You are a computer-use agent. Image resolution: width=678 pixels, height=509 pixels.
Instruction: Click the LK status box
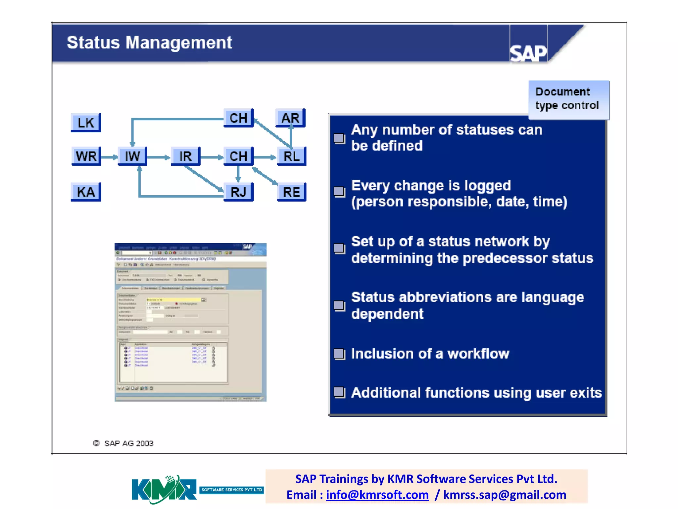pyautogui.click(x=86, y=123)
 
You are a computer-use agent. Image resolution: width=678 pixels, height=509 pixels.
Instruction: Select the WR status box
pyautogui.click(x=86, y=156)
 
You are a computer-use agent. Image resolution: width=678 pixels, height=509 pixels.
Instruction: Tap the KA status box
pyautogui.click(x=86, y=192)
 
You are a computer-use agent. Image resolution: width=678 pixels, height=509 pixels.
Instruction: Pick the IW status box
pyautogui.click(x=132, y=156)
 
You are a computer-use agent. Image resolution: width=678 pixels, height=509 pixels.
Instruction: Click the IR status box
pyautogui.click(x=185, y=156)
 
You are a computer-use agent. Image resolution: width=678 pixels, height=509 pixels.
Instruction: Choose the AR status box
pyautogui.click(x=290, y=118)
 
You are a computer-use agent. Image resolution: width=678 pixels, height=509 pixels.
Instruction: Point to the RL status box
pyautogui.click(x=291, y=156)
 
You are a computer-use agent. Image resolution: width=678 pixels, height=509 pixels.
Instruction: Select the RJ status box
pyautogui.click(x=238, y=192)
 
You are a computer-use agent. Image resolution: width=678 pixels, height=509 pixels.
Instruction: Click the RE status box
pyautogui.click(x=291, y=192)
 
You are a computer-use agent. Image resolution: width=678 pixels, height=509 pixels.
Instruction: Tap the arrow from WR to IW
pyautogui.click(x=109, y=157)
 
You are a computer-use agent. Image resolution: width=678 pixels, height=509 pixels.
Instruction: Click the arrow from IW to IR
pyautogui.click(x=159, y=157)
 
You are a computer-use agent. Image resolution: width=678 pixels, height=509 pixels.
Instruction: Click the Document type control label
pyautogui.click(x=568, y=99)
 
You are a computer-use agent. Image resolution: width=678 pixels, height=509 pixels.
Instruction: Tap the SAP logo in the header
pyautogui.click(x=528, y=53)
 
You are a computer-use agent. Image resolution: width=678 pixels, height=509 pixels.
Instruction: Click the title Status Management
pyautogui.click(x=149, y=43)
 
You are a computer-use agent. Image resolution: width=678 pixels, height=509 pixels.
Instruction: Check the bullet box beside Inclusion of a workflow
pyautogui.click(x=339, y=354)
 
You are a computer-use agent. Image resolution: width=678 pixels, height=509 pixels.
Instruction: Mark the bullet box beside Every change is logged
pyautogui.click(x=339, y=192)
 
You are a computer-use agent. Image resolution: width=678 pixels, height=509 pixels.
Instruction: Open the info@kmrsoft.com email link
pyautogui.click(x=377, y=495)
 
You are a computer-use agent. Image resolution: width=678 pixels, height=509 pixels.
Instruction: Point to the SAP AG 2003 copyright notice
pyautogui.click(x=123, y=443)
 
